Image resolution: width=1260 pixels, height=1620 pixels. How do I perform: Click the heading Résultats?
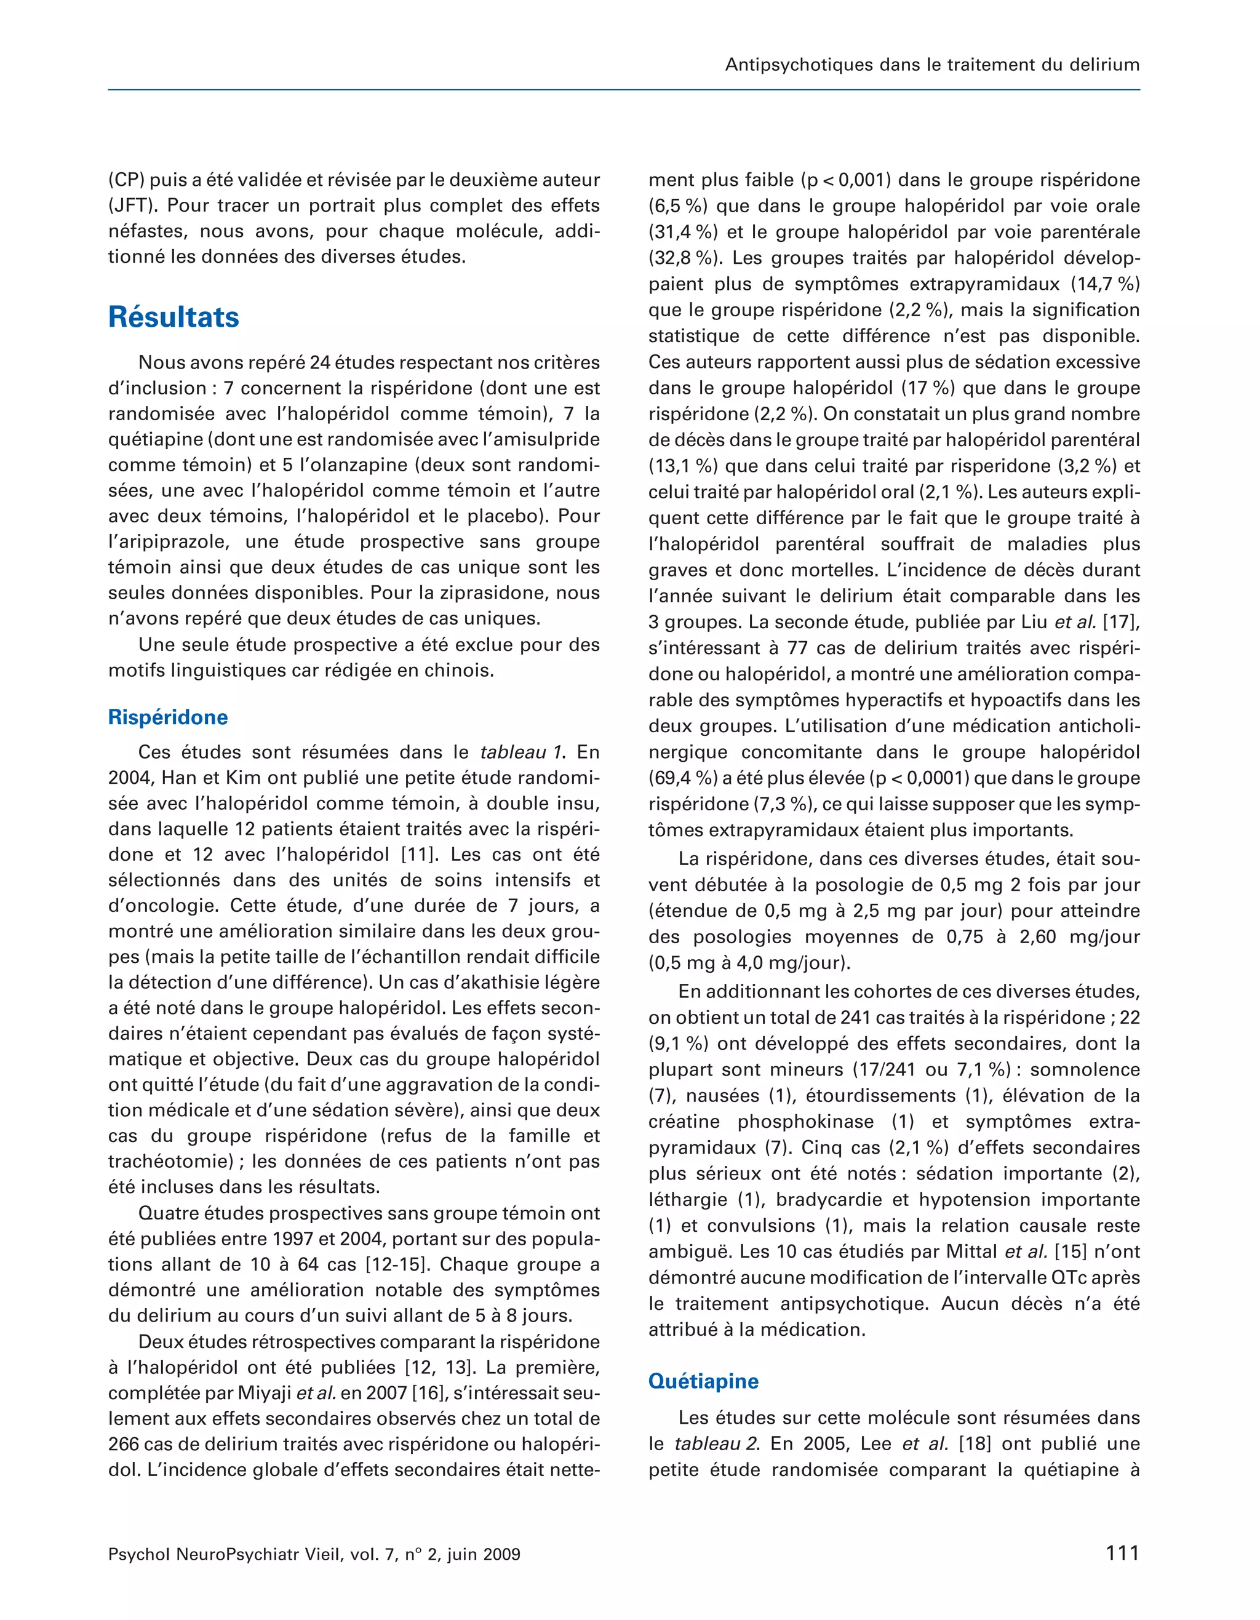pyautogui.click(x=173, y=317)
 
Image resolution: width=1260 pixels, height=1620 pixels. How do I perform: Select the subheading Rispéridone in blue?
pyautogui.click(x=167, y=717)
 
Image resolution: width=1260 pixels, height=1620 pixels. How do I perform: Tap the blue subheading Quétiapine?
pyautogui.click(x=703, y=1381)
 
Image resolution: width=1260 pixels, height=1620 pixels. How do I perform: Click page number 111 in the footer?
pyautogui.click(x=1122, y=1552)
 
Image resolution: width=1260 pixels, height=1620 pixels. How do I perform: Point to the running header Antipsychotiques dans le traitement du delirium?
pyautogui.click(x=931, y=65)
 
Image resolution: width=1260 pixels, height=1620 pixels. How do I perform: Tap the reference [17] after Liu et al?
pyautogui.click(x=1120, y=622)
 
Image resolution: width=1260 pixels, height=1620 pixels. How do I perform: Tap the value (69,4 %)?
pyautogui.click(x=683, y=778)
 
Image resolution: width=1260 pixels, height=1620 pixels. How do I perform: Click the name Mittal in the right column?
pyautogui.click(x=971, y=1251)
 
